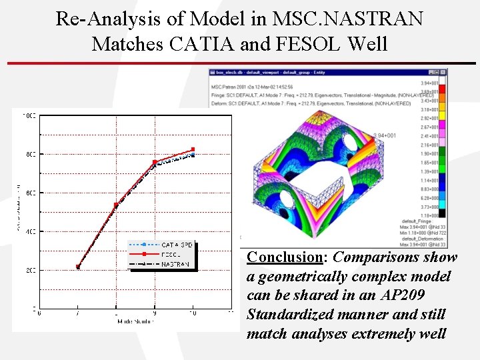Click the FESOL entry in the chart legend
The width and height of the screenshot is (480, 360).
pos(171,255)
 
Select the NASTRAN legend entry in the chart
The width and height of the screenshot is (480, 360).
pos(175,264)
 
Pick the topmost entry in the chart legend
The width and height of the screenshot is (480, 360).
pos(175,245)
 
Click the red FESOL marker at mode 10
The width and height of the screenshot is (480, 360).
pos(193,149)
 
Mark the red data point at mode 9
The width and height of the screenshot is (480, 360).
pos(155,162)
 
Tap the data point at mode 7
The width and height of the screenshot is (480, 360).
pos(78,267)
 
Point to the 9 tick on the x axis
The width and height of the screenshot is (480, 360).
pos(155,313)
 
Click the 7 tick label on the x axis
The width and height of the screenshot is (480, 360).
pos(78,313)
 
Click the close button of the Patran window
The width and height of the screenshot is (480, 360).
pos(443,72)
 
